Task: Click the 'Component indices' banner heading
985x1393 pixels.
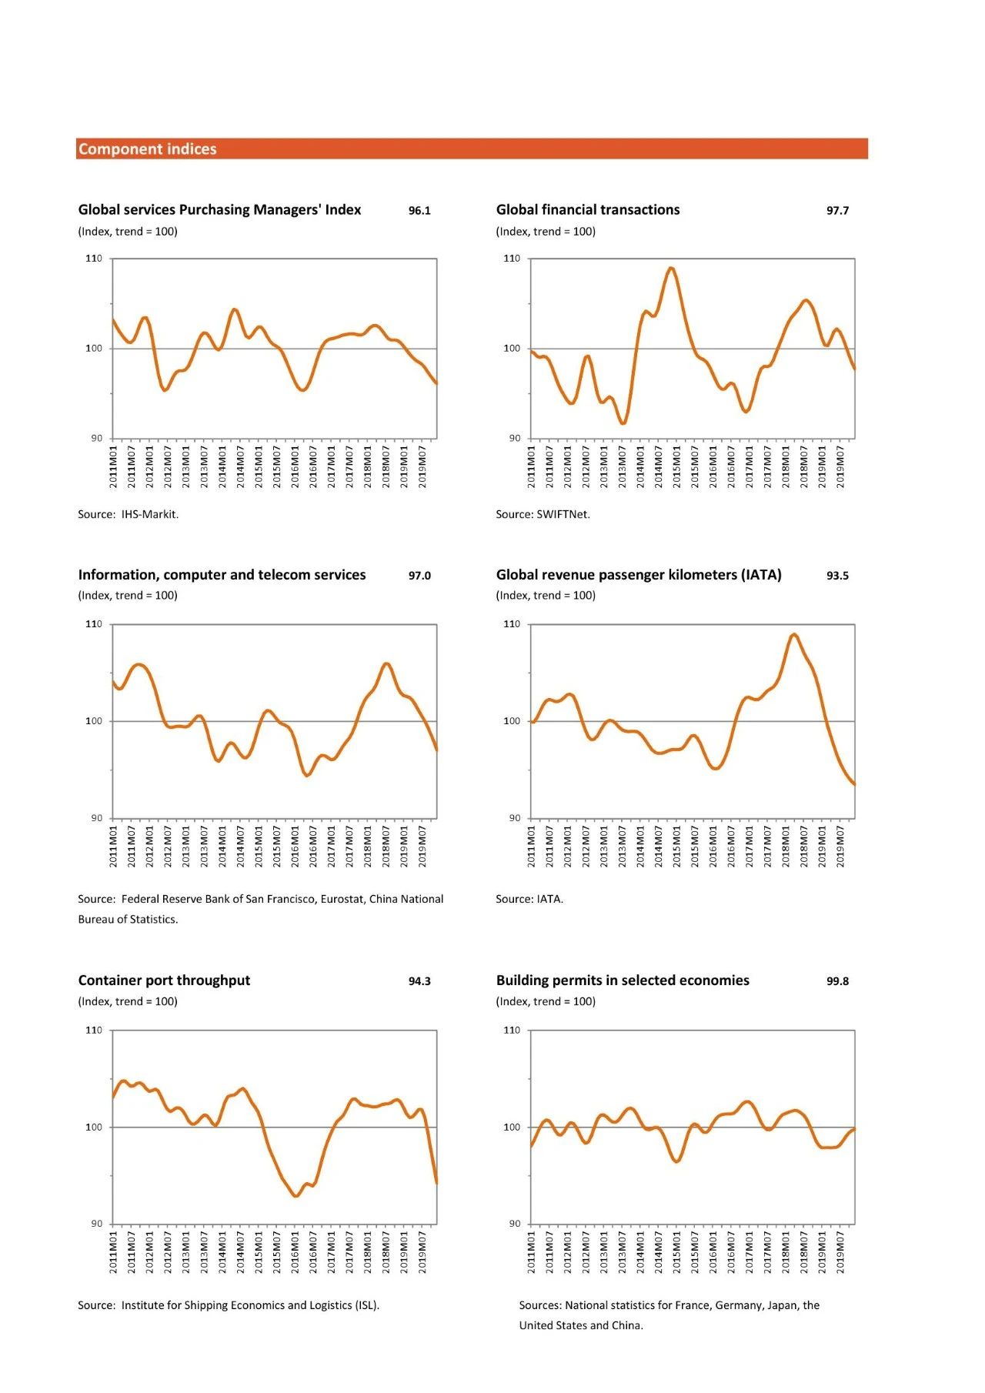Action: pos(147,149)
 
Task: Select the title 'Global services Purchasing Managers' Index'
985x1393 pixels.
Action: pos(219,209)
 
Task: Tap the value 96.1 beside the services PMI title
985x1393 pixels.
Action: pos(419,211)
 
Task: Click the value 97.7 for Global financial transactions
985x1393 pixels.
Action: pos(837,211)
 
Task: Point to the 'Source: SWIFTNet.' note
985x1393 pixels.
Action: pos(543,514)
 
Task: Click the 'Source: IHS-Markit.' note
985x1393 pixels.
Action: pos(128,514)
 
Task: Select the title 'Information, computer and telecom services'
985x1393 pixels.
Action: pos(222,575)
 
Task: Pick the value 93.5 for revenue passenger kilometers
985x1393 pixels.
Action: pos(837,576)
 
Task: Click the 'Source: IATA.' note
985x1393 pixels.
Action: pos(529,899)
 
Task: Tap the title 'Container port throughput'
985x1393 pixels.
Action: pos(164,980)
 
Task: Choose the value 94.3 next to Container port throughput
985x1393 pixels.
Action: pos(419,981)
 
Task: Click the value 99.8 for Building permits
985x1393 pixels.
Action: pos(837,981)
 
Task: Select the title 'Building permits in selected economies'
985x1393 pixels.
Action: pos(623,980)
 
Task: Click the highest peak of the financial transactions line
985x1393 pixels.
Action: pos(671,268)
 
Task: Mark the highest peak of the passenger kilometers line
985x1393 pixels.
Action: pos(793,634)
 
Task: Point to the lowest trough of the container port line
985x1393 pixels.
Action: pos(295,1196)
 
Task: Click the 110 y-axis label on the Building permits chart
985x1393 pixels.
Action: pos(512,1031)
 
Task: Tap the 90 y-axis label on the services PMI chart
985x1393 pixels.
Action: pos(96,439)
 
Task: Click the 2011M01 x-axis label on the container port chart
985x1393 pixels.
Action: pos(113,1252)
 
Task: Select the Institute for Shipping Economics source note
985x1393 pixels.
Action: pos(229,1305)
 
